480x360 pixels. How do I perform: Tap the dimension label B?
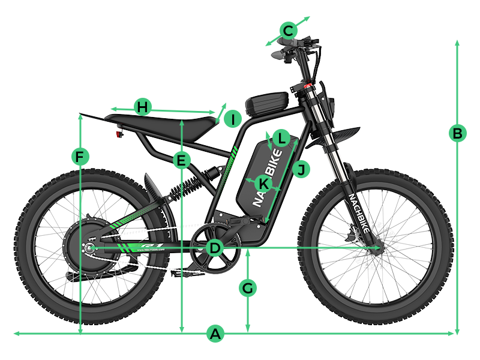click(x=457, y=133)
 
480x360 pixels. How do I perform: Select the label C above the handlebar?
click(x=288, y=30)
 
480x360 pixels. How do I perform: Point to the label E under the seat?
click(x=180, y=160)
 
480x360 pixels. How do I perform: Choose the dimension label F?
click(x=79, y=157)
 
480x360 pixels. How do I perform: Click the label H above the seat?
click(x=142, y=107)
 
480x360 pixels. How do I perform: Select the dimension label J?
click(x=302, y=170)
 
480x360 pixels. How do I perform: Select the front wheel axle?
click(x=377, y=247)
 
